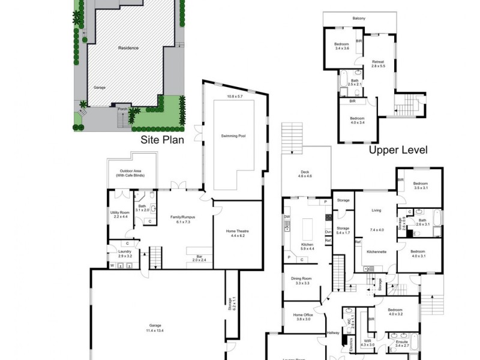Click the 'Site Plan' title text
[x=161, y=140]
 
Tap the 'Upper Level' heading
[x=398, y=150]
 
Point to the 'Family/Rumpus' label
[x=183, y=217]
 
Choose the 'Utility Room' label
[x=122, y=213]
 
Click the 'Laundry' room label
[x=124, y=251]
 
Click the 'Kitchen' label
[x=307, y=245]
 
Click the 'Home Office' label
[x=302, y=314]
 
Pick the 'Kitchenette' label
[x=376, y=252]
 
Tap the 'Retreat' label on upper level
[x=377, y=62]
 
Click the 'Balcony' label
[x=358, y=19]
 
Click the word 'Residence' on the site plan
[x=128, y=48]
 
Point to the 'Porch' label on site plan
[x=122, y=109]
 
